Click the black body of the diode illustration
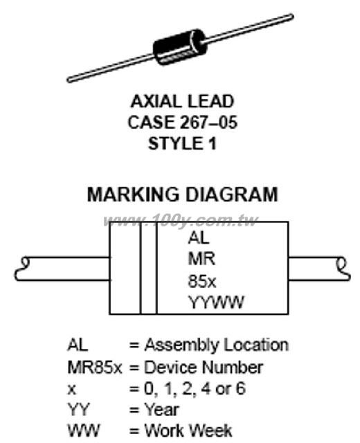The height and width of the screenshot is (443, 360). point(180,46)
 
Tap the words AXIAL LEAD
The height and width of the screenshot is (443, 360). point(182,102)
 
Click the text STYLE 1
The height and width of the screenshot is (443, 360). point(182,143)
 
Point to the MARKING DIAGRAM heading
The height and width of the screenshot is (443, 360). point(183,195)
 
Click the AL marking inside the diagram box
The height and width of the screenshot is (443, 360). point(199,237)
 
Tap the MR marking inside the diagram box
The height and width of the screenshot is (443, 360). point(201,259)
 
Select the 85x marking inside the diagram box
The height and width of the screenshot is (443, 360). point(201,282)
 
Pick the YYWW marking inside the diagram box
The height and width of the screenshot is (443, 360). point(216,302)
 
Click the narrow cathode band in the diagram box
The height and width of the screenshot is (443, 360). point(148,268)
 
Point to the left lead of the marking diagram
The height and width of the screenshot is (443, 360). point(62,269)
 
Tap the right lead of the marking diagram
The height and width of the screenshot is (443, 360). point(319,269)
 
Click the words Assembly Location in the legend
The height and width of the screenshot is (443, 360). point(217,345)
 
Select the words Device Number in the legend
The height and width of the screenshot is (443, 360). point(204,368)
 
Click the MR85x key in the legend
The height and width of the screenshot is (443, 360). point(95,368)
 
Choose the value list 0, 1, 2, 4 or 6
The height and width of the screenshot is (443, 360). point(195,389)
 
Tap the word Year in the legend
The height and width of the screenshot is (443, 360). point(161,409)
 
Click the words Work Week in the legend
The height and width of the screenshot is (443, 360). point(188,431)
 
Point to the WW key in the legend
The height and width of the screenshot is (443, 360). point(84,431)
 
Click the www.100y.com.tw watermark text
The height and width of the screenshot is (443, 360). point(181,220)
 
